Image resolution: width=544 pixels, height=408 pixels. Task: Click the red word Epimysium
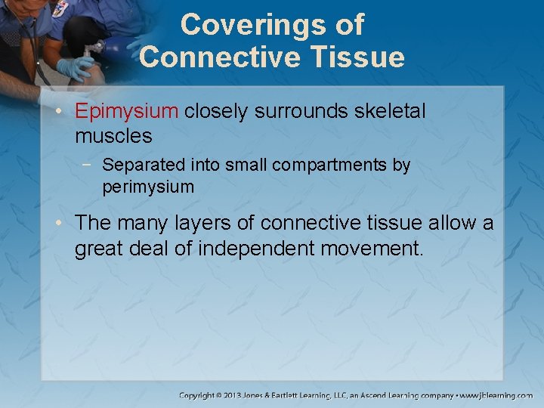[x=125, y=112]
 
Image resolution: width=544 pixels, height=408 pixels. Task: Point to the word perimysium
[x=148, y=187]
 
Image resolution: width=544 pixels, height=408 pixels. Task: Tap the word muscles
[x=113, y=137]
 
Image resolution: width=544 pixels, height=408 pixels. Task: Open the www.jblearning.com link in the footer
[x=498, y=394]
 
